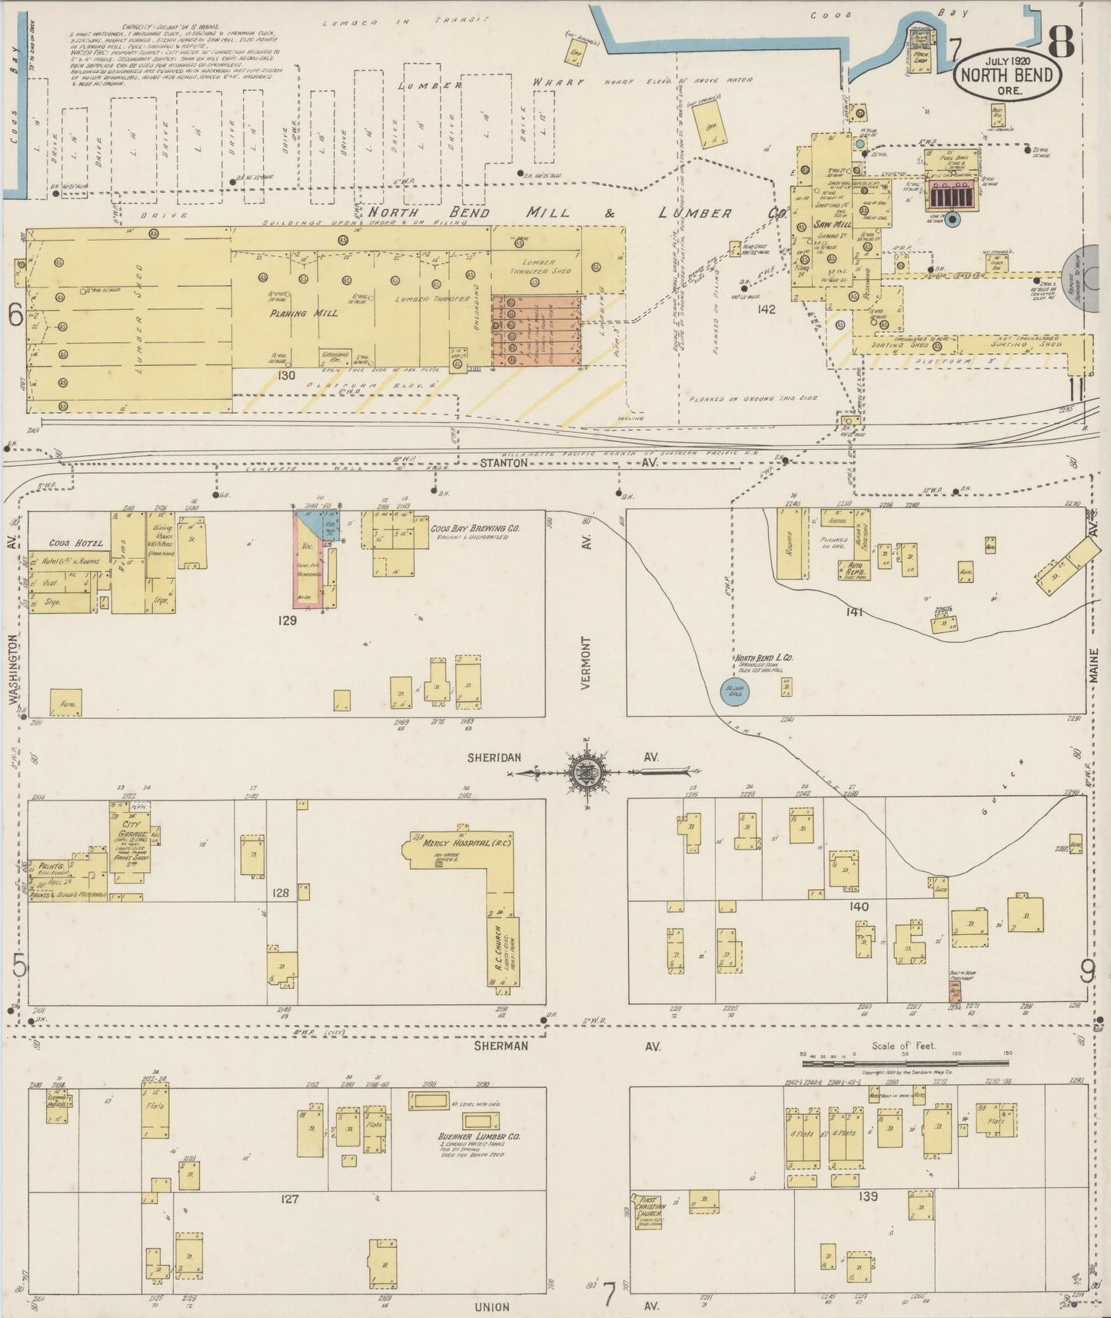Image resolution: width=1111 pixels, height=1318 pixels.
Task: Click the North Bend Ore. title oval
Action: click(x=1007, y=75)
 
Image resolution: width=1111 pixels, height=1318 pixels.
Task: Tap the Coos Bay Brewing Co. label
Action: click(x=474, y=529)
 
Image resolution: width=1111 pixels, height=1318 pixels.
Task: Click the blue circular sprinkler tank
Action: click(x=734, y=691)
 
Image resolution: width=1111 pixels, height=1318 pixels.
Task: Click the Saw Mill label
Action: click(x=829, y=224)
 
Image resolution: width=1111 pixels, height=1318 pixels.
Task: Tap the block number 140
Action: click(x=859, y=907)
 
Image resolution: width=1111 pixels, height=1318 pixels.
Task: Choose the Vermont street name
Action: click(x=586, y=662)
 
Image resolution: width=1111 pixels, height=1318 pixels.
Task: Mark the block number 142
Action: click(x=766, y=309)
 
